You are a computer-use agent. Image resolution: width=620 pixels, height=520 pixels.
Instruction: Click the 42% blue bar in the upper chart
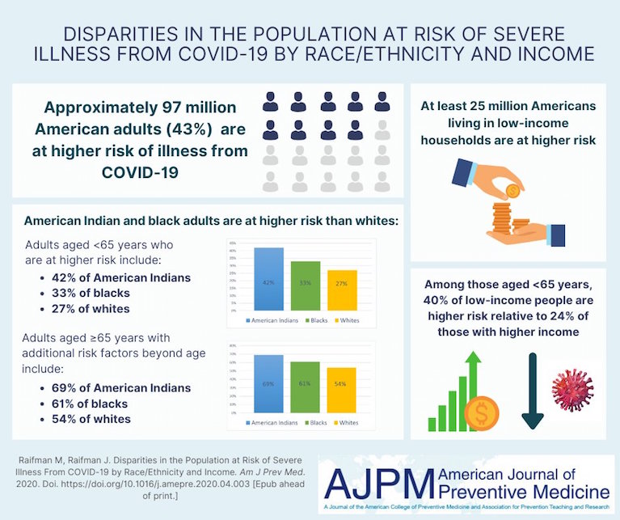pos(268,279)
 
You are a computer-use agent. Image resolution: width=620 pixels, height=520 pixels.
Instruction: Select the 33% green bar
pos(306,285)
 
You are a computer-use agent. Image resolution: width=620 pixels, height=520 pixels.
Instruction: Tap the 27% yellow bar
pos(342,290)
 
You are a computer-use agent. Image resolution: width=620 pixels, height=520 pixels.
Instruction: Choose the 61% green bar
pos(306,387)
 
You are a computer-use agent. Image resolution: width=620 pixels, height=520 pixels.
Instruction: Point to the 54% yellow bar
pos(342,391)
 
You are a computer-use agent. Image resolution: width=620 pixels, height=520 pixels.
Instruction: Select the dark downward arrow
pos(532,391)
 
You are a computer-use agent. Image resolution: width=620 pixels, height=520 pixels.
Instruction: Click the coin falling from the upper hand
pos(512,191)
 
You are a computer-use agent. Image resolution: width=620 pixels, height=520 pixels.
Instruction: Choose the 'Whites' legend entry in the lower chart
pos(349,422)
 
